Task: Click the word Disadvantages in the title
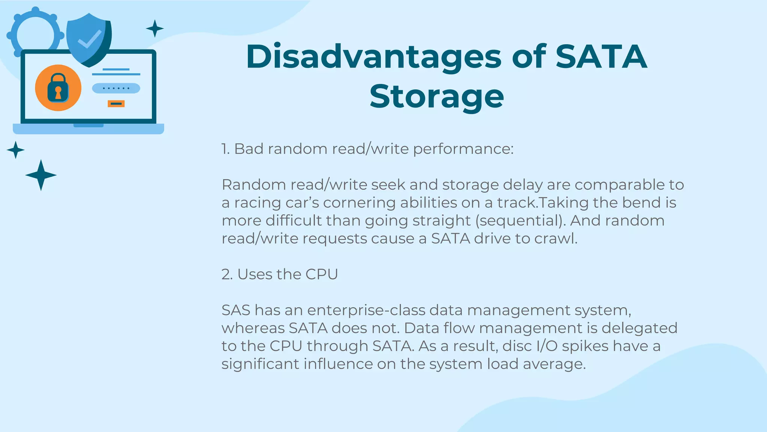[373, 57]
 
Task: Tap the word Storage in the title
[437, 97]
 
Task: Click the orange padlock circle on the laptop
[58, 88]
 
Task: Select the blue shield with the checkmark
[89, 39]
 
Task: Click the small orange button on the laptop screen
[116, 103]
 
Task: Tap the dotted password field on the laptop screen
[116, 88]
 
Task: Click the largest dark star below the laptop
[41, 175]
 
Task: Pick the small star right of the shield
[155, 28]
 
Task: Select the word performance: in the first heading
[463, 149]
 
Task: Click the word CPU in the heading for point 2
[321, 274]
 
